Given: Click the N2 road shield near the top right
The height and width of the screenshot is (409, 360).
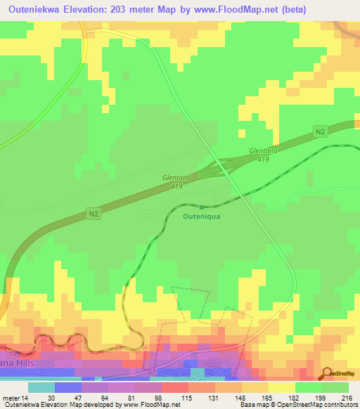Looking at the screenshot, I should pyautogui.click(x=320, y=131).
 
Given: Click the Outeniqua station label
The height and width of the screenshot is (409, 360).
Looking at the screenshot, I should pyautogui.click(x=202, y=216).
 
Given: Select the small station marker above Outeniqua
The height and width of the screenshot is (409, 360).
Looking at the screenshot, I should pyautogui.click(x=202, y=207).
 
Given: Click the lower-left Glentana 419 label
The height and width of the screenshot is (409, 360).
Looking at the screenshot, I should pyautogui.click(x=173, y=182).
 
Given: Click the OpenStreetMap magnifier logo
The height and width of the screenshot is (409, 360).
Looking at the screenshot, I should pyautogui.click(x=327, y=372).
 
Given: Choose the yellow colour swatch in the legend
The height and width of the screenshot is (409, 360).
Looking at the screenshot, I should pyautogui.click(x=281, y=387).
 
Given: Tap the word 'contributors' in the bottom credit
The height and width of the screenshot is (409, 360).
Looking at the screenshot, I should pyautogui.click(x=336, y=404).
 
